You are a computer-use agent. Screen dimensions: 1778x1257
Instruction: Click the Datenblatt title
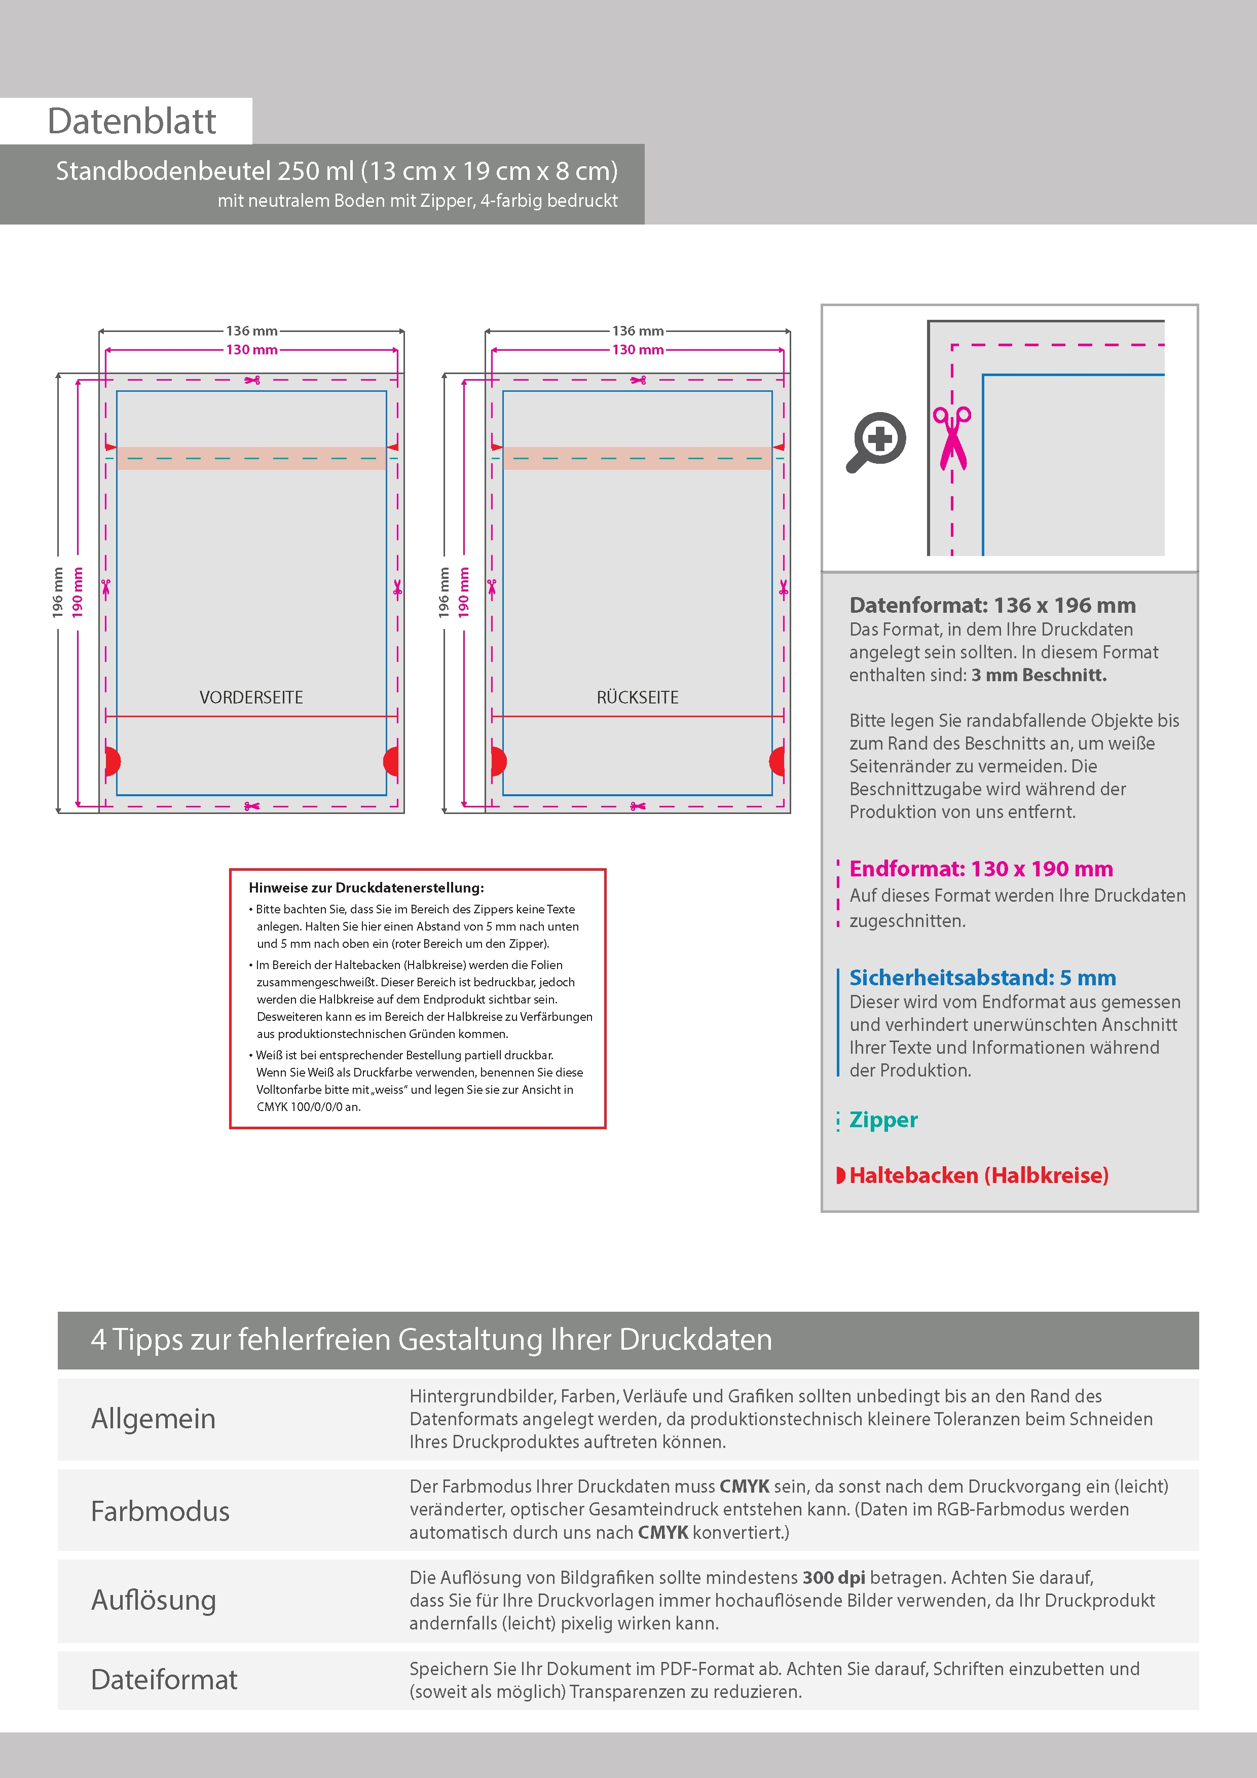pos(132,122)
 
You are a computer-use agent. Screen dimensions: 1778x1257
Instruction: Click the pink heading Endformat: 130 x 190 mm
pos(980,869)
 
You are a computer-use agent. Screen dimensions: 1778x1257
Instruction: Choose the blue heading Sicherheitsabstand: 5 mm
pos(982,977)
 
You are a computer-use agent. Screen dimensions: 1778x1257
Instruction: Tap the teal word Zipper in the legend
pos(883,1120)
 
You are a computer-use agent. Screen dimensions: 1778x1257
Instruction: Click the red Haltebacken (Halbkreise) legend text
pos(978,1175)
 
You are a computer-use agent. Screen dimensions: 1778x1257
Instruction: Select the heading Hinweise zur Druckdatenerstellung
pos(365,888)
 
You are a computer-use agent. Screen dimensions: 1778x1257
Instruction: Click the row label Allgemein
pos(154,1419)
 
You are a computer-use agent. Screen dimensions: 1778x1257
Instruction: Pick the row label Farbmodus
pos(160,1511)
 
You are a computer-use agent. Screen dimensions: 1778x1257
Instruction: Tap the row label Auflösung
pos(154,1600)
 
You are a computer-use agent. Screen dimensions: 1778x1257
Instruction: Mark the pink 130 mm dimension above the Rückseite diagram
pos(638,350)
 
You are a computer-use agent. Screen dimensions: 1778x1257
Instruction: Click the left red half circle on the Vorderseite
pos(113,761)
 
